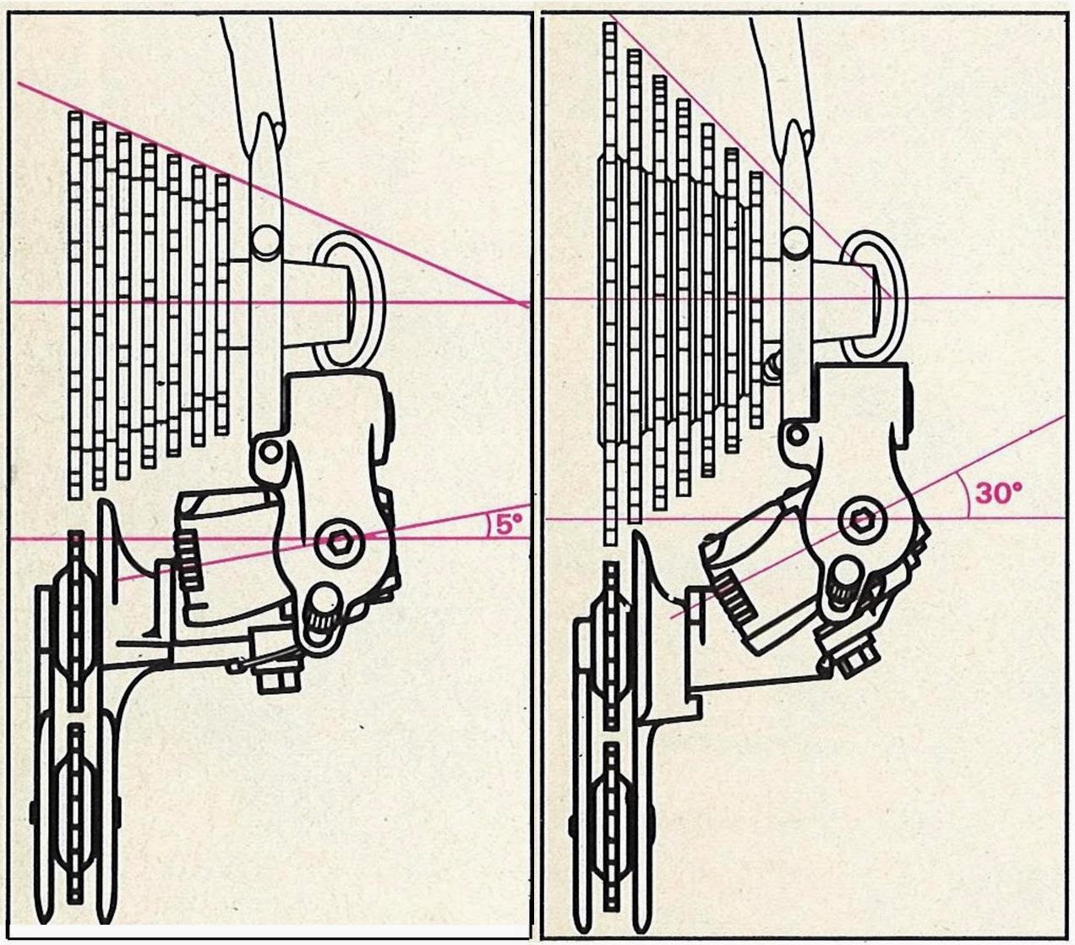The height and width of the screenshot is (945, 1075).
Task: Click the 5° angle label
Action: (509, 524)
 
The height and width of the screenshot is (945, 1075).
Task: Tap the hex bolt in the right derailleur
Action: (860, 519)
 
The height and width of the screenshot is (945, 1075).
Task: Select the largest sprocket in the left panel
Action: (75, 305)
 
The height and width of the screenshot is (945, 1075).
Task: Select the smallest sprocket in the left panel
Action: (222, 304)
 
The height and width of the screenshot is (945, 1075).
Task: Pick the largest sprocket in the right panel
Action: (611, 284)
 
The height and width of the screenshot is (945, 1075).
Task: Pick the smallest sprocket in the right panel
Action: (756, 300)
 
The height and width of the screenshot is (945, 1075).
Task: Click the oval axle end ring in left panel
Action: (347, 300)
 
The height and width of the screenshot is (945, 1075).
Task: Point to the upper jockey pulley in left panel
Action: (75, 620)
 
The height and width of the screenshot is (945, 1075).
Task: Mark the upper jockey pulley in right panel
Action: (612, 647)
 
